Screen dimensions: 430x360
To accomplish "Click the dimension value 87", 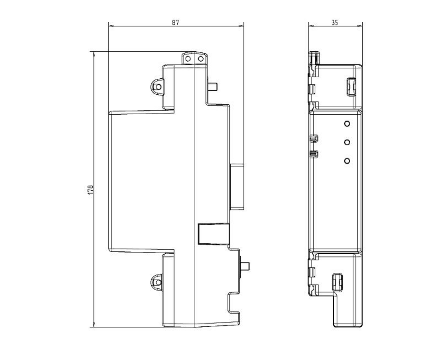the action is click(176, 22).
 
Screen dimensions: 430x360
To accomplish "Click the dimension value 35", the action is click(335, 22).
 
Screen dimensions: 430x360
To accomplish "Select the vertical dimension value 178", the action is click(90, 190).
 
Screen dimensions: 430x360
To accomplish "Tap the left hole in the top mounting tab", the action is click(188, 59).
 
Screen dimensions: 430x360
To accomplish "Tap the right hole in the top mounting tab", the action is click(201, 59).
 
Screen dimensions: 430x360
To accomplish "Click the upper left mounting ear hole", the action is click(158, 87).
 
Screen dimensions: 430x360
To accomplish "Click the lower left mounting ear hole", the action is click(158, 282).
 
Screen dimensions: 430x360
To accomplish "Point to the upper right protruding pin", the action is click(212, 87).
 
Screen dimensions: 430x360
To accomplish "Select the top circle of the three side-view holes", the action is click(347, 124).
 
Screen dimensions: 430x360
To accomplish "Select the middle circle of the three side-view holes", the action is click(347, 142).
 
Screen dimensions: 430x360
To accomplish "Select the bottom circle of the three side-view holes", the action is click(347, 161).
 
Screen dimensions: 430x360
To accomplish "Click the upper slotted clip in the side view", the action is click(351, 87).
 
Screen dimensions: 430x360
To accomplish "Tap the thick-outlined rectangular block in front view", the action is click(214, 234).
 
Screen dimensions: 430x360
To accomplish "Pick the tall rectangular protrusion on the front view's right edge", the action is click(237, 187).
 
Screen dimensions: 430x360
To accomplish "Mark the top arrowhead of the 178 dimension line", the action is click(94, 54).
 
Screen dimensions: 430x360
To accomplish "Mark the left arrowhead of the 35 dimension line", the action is click(311, 26).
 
